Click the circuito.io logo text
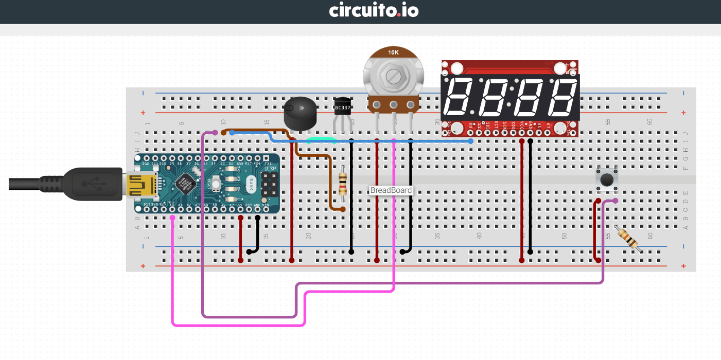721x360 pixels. [x=374, y=10]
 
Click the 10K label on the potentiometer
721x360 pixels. [x=393, y=52]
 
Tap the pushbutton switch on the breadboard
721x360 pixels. [x=607, y=179]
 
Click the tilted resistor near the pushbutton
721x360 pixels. [x=628, y=239]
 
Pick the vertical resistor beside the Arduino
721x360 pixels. [x=343, y=184]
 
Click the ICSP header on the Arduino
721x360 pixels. [x=269, y=183]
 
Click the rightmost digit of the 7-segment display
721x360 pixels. [x=562, y=97]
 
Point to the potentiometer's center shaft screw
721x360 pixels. [x=393, y=77]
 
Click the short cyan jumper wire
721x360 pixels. [x=321, y=139]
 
